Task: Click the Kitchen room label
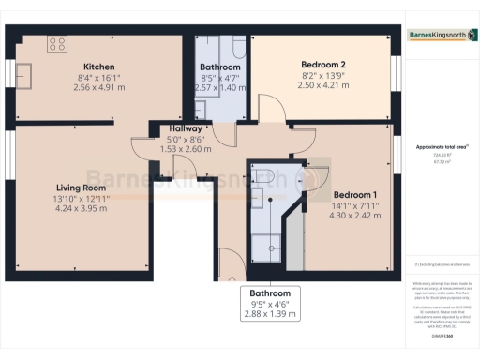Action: click(x=98, y=67)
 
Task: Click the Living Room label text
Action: click(x=81, y=187)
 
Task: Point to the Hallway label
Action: click(x=175, y=128)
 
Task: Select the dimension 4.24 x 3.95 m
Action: click(x=81, y=209)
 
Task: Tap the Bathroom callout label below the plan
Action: click(x=269, y=293)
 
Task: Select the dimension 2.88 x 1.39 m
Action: click(x=269, y=314)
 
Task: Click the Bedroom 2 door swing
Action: click(x=272, y=111)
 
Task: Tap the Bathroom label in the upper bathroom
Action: click(x=220, y=67)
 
